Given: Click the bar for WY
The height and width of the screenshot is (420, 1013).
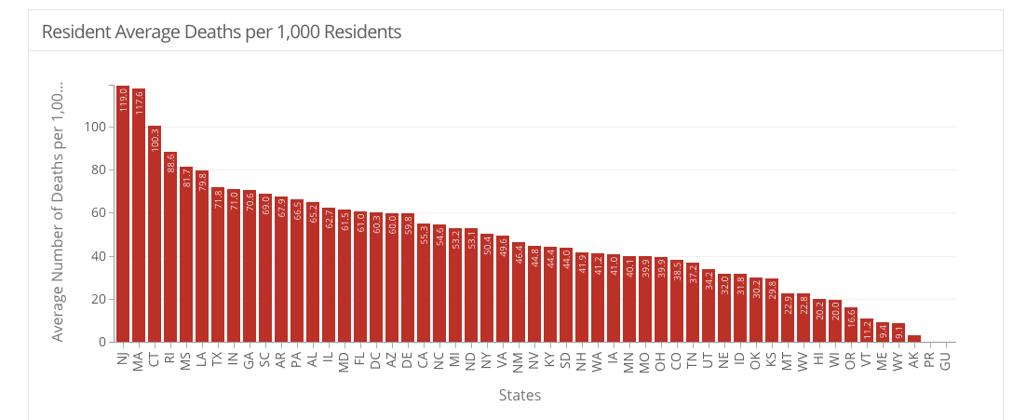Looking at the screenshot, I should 898,332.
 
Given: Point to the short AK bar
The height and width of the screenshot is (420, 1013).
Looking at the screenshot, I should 914,339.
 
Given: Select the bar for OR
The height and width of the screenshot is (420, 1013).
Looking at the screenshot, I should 851,325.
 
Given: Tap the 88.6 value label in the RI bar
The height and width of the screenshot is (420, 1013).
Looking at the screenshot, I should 170,164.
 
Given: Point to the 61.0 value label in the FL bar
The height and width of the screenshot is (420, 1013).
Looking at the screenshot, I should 360,224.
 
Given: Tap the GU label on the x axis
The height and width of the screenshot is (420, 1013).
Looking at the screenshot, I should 946,358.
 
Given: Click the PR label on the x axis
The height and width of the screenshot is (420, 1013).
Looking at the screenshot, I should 930,358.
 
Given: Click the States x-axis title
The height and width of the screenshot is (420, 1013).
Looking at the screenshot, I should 520,395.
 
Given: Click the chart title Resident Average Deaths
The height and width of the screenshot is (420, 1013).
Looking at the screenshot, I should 222,32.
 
